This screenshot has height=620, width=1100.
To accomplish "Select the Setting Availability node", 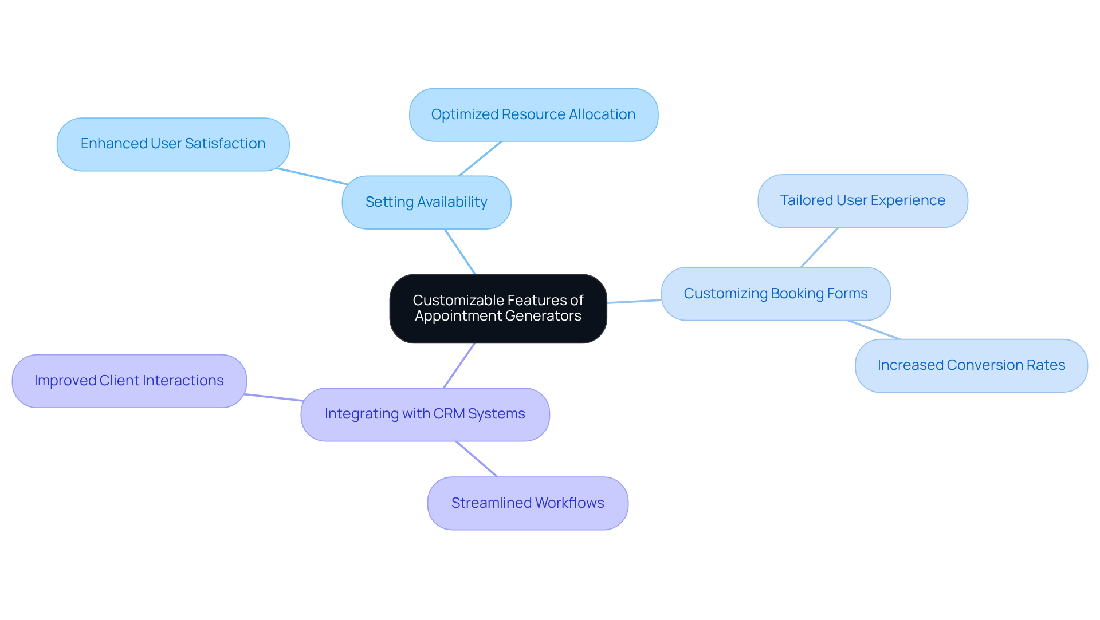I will click(426, 202).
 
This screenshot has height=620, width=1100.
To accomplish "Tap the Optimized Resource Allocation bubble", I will click(533, 114).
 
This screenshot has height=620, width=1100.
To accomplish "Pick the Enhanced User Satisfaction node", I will click(172, 144).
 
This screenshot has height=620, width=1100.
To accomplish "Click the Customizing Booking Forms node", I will click(775, 294).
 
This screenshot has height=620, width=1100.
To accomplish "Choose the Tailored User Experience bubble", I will click(862, 200).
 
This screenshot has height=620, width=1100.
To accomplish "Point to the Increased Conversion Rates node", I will click(971, 365).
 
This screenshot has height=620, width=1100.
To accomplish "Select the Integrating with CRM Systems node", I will click(425, 414).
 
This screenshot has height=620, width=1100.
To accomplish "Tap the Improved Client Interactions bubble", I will click(129, 381).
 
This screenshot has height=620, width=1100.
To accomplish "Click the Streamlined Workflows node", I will click(527, 503).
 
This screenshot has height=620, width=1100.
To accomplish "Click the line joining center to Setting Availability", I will click(460, 252).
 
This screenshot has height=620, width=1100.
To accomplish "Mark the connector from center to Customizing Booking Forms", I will click(634, 301).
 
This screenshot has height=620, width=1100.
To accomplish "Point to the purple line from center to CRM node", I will click(459, 366).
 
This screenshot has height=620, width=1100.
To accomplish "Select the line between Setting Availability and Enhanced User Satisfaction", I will click(312, 176).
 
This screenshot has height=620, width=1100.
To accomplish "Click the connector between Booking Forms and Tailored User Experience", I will click(819, 247).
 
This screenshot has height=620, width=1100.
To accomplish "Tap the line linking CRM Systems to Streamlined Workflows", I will click(477, 459).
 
